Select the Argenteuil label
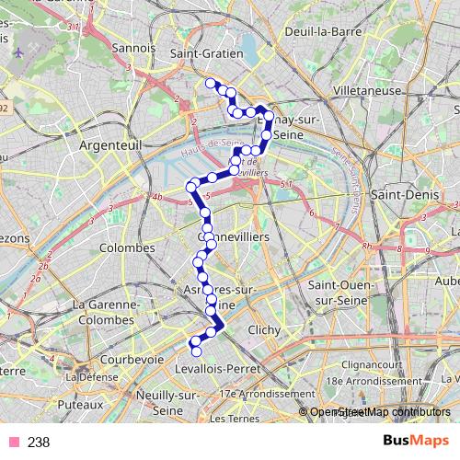(x=108, y=146)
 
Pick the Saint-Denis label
(x=398, y=195)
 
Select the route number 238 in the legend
(x=39, y=443)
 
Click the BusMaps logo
(x=409, y=442)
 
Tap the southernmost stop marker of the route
(x=195, y=351)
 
